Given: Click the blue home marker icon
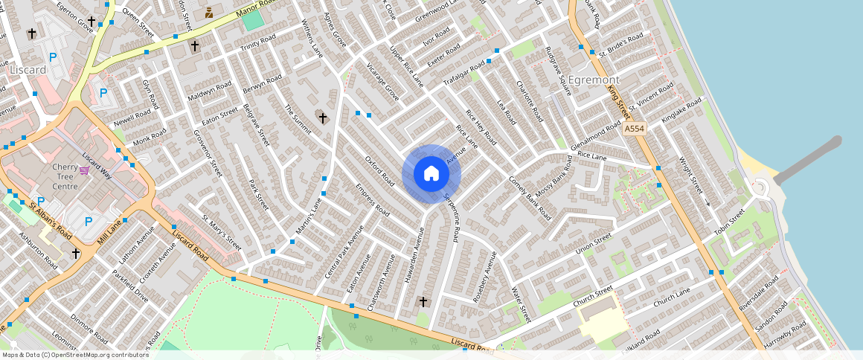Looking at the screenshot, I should (x=431, y=174).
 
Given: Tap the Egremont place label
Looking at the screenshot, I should (x=593, y=79).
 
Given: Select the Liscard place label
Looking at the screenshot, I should (x=29, y=69).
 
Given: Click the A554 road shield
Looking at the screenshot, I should (x=634, y=129).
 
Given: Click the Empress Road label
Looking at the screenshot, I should (x=373, y=201).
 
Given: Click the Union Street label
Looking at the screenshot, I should (x=593, y=242).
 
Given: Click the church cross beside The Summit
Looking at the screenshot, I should (x=322, y=117).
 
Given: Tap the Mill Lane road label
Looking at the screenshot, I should (x=109, y=228).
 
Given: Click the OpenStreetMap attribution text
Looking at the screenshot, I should (x=75, y=355).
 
